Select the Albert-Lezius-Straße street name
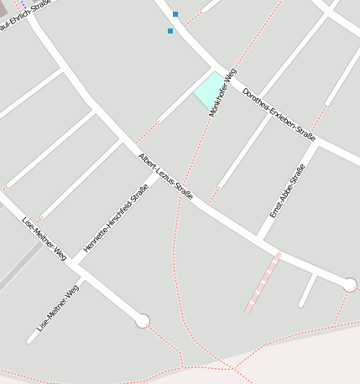click(x=166, y=176)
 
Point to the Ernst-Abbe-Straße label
click(x=287, y=191)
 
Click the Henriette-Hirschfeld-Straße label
click(x=116, y=218)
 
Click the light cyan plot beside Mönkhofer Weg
click(x=207, y=90)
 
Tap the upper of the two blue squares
click(x=175, y=14)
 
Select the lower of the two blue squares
click(x=170, y=31)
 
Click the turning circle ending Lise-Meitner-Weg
click(x=143, y=320)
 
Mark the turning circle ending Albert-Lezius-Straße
click(x=350, y=285)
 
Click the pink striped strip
click(x=263, y=283)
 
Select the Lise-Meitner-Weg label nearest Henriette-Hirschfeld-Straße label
click(x=44, y=238)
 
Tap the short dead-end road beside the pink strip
click(x=308, y=290)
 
